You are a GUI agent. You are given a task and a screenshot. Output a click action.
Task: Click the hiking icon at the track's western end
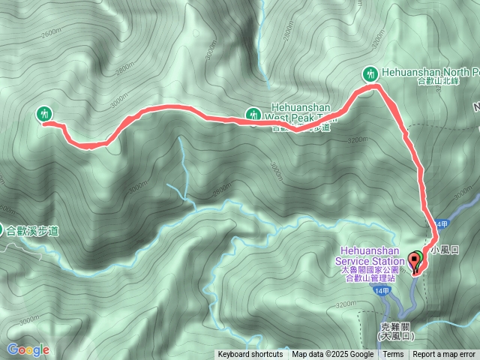[x=44, y=114]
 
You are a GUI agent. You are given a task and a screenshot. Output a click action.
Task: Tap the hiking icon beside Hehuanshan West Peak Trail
[x=253, y=115]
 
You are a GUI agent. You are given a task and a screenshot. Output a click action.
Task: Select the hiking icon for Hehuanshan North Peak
[x=368, y=73]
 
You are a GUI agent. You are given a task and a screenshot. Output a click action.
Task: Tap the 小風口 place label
[x=445, y=248]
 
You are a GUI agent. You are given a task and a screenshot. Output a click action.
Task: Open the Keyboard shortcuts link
[x=250, y=355]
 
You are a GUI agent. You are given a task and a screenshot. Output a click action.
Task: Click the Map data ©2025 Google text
[x=332, y=355]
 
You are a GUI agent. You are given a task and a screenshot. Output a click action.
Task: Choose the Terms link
[x=393, y=355]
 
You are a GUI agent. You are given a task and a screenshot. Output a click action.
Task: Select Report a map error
[x=445, y=355]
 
